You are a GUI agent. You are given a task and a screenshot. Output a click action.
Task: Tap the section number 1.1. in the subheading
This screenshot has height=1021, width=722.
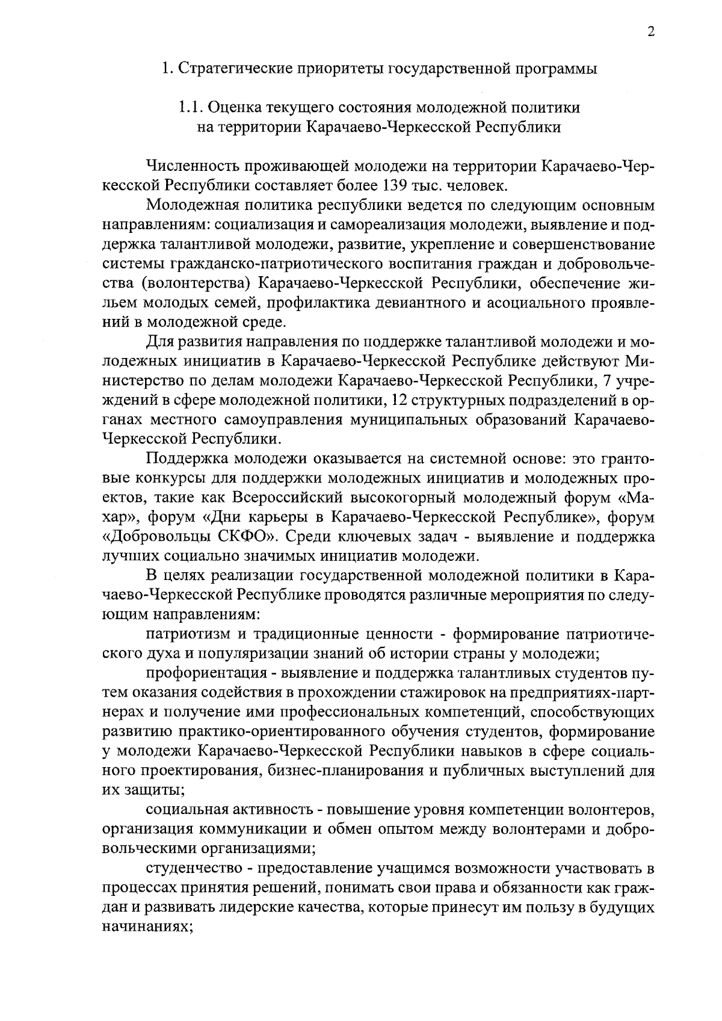tap(191, 108)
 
